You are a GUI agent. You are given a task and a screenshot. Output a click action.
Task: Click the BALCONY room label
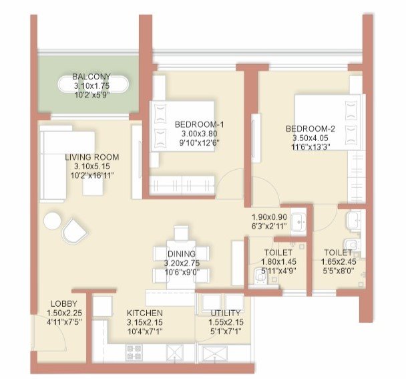[92, 76]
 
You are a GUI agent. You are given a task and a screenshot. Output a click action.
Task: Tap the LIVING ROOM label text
[91, 157]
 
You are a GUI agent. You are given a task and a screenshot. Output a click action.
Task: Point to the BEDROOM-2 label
[311, 128]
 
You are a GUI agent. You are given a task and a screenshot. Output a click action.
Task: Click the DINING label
[182, 253]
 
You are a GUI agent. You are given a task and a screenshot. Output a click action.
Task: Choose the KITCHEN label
[144, 312]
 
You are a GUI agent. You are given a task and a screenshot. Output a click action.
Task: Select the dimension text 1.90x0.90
[269, 217]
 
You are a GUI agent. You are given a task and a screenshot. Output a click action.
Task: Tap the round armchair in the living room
[73, 231]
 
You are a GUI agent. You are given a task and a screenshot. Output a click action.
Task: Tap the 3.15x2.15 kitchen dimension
[144, 322]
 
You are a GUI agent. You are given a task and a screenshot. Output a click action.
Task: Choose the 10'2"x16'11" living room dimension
[91, 176]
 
